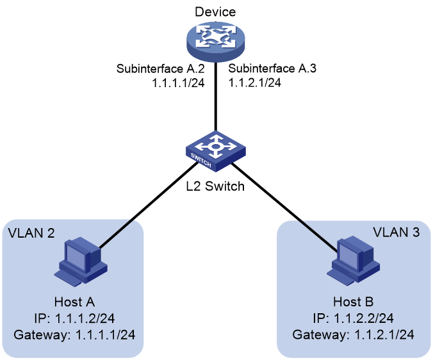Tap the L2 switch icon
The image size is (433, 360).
(216, 151)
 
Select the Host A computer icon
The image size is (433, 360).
(81, 260)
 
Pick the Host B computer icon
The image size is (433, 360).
(353, 260)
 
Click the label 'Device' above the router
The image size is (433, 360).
(215, 12)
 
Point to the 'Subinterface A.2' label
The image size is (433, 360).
(160, 69)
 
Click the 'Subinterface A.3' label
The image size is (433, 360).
(272, 68)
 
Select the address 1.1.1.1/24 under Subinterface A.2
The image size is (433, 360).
(179, 83)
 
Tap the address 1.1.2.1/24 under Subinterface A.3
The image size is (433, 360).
(254, 82)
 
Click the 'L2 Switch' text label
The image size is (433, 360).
(215, 186)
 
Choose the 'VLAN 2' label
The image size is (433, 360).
(31, 233)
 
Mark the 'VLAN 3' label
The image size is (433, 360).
(396, 232)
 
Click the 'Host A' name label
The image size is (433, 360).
(74, 302)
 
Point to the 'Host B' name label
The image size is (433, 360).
(353, 302)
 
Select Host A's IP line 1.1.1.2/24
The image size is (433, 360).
(74, 318)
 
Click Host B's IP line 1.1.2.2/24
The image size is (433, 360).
(353, 318)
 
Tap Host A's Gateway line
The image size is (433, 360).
(74, 334)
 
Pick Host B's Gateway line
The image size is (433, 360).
(353, 334)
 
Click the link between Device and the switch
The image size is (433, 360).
(216, 97)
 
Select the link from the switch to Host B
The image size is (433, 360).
(284, 207)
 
